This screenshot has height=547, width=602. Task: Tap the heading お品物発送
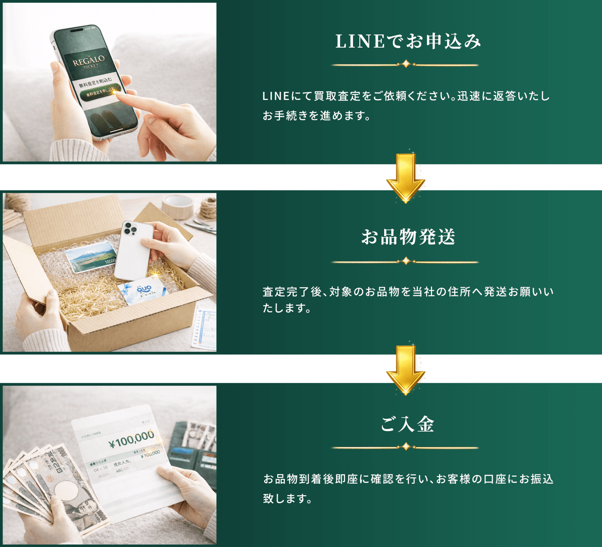coord(408,237)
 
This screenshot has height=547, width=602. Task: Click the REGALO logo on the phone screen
coord(89,61)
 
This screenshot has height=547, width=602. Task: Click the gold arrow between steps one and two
coord(406,178)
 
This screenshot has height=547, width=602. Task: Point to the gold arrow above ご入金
coord(406,370)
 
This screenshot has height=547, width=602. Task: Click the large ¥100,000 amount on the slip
coord(132,440)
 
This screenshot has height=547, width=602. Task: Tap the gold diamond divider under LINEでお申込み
coord(406,64)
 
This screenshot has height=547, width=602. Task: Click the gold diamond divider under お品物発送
coord(406,261)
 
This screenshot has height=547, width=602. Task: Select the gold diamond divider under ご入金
coord(406,447)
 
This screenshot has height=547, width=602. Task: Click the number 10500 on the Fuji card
coord(110,261)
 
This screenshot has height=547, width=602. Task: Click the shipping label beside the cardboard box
coord(205,328)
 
